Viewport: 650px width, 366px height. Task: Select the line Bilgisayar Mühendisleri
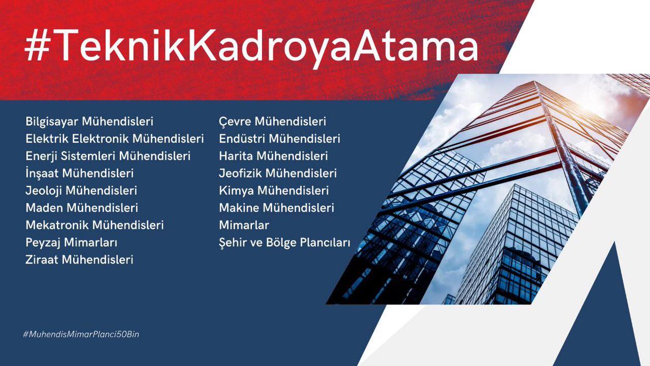click(89, 121)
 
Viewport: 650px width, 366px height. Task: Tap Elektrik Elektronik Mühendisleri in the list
click(115, 139)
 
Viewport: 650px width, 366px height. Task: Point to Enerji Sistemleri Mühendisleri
click(108, 156)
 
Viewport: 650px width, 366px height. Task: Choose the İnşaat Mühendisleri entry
click(79, 174)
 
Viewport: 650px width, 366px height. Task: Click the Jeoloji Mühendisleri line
click(81, 191)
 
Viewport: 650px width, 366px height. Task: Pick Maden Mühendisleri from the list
click(82, 208)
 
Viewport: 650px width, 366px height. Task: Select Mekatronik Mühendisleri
click(94, 225)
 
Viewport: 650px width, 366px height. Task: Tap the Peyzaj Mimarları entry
click(71, 242)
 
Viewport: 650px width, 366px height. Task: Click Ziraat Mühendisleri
click(79, 260)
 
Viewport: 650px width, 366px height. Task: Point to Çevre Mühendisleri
click(272, 121)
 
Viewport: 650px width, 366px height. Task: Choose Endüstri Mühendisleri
click(279, 139)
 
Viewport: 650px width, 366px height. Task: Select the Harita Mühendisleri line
click(274, 156)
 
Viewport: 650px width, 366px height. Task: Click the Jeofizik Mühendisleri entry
click(278, 174)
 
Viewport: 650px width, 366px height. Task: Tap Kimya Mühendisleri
click(274, 191)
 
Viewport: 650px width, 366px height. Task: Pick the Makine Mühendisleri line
click(277, 208)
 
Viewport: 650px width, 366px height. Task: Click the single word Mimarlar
click(244, 225)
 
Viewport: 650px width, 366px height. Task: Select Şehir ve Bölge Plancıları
click(285, 242)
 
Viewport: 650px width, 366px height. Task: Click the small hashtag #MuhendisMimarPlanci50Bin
click(81, 335)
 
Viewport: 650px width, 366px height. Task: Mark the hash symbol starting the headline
click(37, 48)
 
